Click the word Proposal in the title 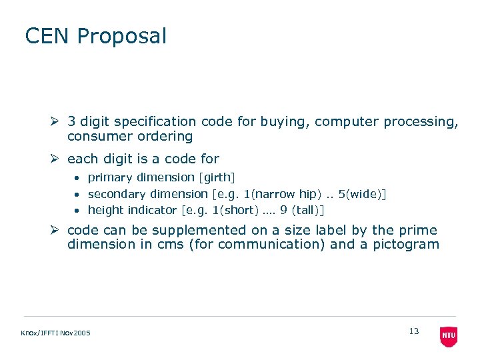point(121,37)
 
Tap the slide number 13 point(414,331)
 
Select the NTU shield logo point(449,336)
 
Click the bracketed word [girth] point(217,178)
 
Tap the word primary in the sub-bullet point(110,178)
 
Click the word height point(105,210)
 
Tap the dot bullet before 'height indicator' point(77,211)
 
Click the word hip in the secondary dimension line point(307,194)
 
